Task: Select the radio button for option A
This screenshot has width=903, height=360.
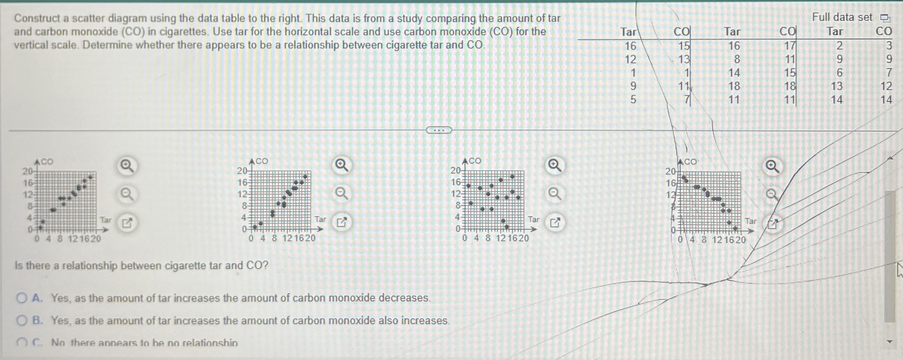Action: [22, 298]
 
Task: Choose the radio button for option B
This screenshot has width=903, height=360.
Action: [22, 321]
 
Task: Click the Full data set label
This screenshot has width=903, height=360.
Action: [842, 17]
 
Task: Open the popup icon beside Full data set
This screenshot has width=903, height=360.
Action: [885, 18]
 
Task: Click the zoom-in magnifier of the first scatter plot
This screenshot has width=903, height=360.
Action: [127, 166]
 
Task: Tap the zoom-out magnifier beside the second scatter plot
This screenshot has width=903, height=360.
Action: [341, 194]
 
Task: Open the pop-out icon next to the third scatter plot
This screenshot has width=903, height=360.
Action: [555, 222]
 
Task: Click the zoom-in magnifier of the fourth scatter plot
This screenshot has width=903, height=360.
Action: [772, 166]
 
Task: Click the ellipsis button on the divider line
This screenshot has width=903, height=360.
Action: [439, 130]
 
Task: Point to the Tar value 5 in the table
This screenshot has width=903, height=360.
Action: [633, 100]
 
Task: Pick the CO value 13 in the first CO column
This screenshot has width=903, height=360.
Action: [684, 59]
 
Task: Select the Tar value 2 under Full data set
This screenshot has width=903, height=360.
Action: [840, 45]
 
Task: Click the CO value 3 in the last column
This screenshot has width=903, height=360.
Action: [888, 45]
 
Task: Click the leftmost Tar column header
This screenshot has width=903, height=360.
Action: [628, 32]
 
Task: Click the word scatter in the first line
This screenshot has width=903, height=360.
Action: [90, 18]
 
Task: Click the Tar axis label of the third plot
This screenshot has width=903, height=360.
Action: [533, 219]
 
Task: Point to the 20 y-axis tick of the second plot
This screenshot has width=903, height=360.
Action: [242, 171]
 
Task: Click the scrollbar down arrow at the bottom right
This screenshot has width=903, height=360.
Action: [889, 342]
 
